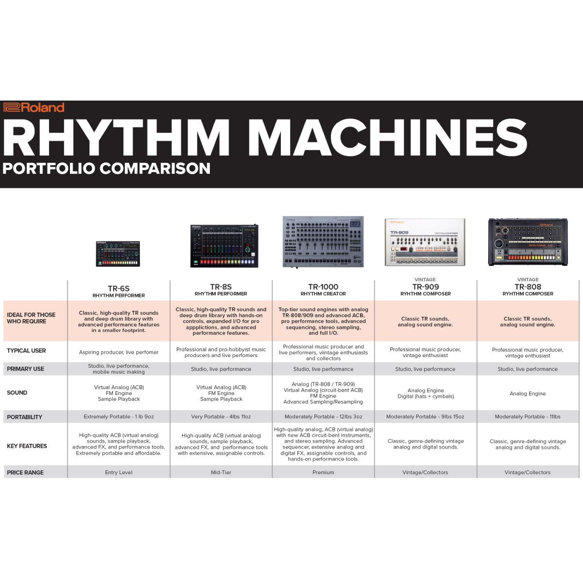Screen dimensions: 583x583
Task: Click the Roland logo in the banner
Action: click(x=34, y=107)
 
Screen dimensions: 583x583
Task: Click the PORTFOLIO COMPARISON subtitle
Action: click(x=106, y=169)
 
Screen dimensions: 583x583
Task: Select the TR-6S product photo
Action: click(x=118, y=254)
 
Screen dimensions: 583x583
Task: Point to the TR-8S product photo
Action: click(x=224, y=246)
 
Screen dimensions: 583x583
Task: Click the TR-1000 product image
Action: click(x=323, y=242)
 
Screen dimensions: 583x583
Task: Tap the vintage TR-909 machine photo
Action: click(x=425, y=242)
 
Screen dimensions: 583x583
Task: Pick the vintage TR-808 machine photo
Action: click(x=528, y=242)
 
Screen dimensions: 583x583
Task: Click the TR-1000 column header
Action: click(x=323, y=290)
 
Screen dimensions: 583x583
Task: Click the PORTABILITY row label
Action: click(x=24, y=417)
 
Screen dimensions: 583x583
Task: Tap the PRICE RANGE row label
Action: click(x=25, y=472)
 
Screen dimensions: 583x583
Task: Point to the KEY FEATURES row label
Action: click(x=27, y=446)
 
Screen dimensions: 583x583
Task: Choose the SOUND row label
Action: click(x=17, y=393)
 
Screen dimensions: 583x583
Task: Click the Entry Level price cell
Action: click(x=119, y=472)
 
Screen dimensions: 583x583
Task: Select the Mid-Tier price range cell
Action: click(x=221, y=472)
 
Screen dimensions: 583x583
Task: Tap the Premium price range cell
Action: click(x=323, y=472)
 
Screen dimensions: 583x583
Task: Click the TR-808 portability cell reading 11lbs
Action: click(x=528, y=416)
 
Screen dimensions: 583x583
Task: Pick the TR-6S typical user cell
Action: click(x=119, y=352)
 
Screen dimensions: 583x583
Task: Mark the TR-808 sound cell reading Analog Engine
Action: click(x=528, y=394)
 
